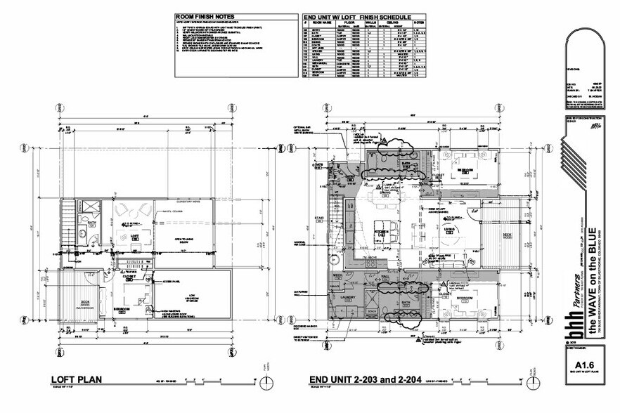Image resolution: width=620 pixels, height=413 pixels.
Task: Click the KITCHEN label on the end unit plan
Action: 380,230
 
